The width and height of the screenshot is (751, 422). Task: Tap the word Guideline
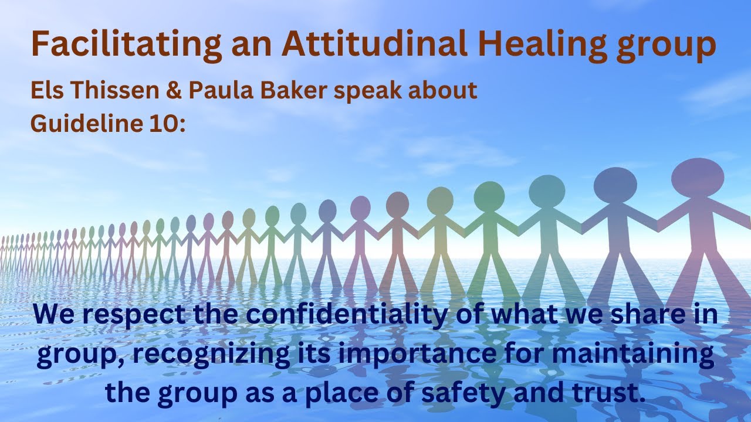point(82,124)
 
